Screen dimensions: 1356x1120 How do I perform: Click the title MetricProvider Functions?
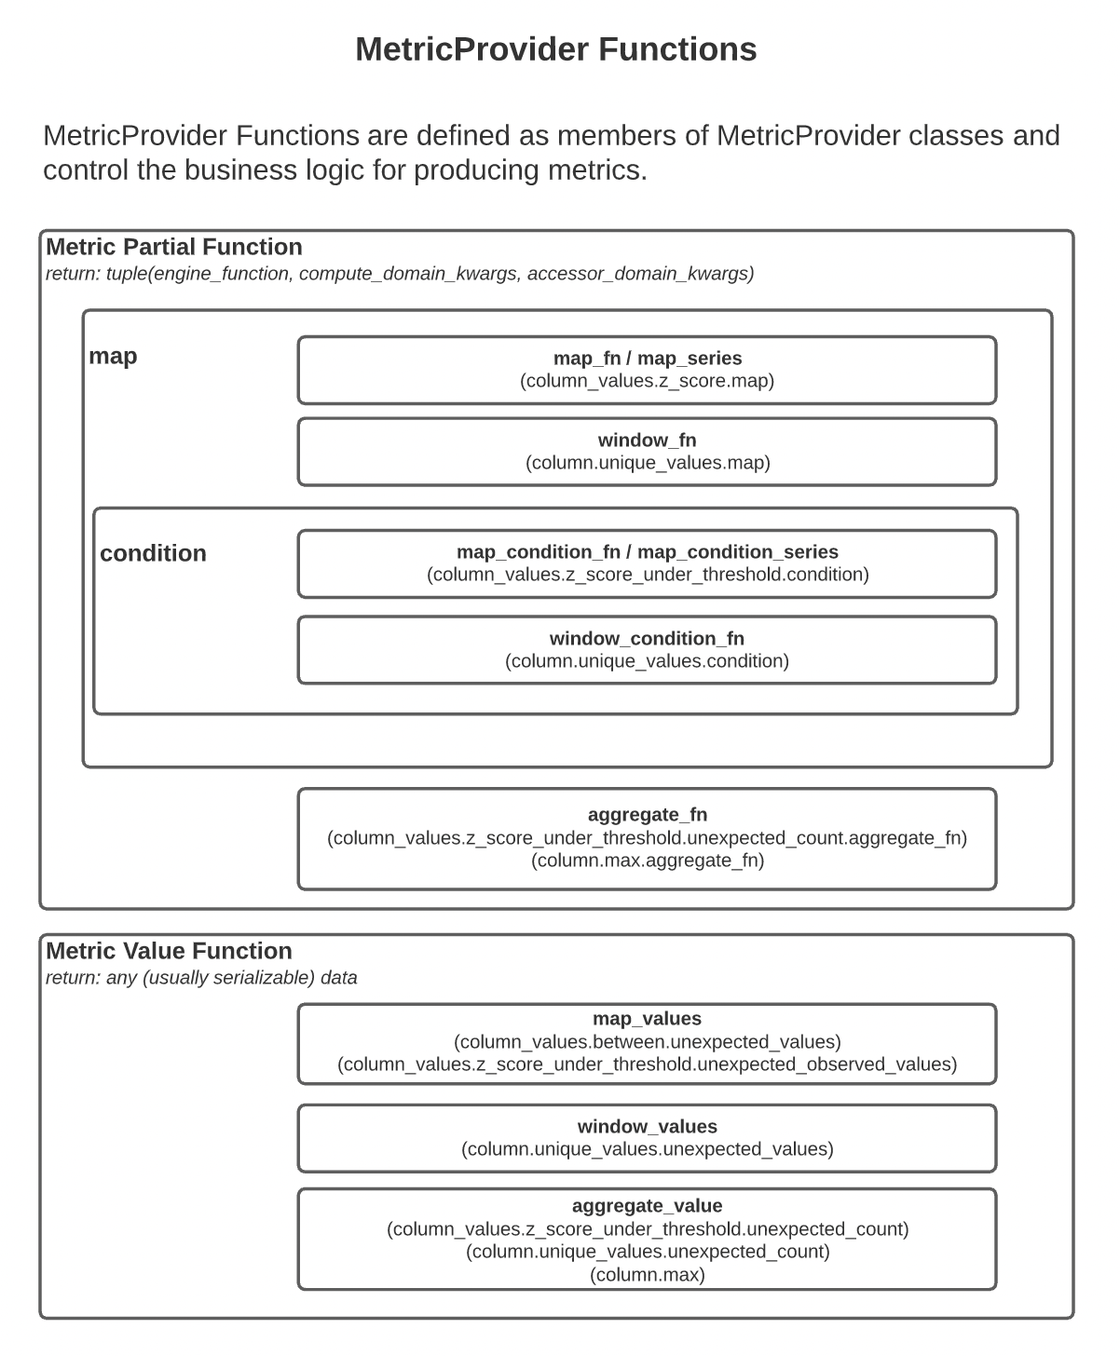555,49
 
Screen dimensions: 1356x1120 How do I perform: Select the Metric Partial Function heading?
174,247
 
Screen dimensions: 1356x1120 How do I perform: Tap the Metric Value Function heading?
169,951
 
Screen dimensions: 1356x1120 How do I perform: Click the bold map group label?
113,356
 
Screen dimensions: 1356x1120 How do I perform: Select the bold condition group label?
153,553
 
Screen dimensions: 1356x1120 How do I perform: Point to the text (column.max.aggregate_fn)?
648,861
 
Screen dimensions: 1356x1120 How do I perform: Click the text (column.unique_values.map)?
648,463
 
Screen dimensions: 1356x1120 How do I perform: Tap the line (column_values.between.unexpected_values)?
647,1041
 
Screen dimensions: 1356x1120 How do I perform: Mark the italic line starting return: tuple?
400,274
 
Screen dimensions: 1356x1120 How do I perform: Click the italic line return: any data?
201,978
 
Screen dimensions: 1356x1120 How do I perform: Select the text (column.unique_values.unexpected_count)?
648,1252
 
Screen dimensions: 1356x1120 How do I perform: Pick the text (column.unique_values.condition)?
647,661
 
